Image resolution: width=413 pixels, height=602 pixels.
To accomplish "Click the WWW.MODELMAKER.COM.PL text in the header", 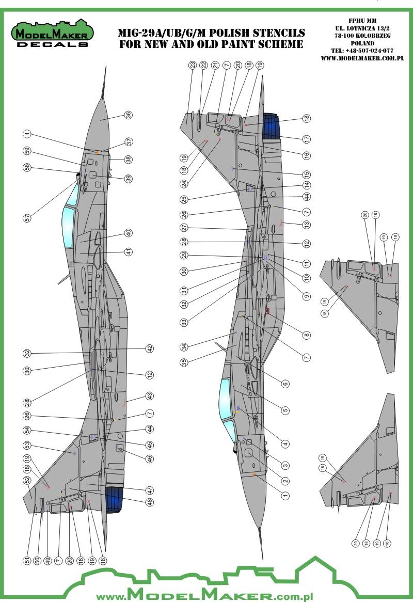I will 361,58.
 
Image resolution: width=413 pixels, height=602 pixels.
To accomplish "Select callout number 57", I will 27,218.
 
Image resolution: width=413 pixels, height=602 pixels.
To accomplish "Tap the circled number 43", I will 149,396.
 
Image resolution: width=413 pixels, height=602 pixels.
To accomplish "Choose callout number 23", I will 192,66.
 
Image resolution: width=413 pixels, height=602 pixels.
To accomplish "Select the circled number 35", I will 184,362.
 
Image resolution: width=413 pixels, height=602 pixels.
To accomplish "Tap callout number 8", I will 307,335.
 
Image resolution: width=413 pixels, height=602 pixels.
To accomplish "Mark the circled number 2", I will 285,481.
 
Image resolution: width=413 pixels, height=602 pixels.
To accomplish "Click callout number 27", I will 184,228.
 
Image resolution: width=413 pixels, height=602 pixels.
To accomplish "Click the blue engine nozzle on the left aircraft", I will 115,500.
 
